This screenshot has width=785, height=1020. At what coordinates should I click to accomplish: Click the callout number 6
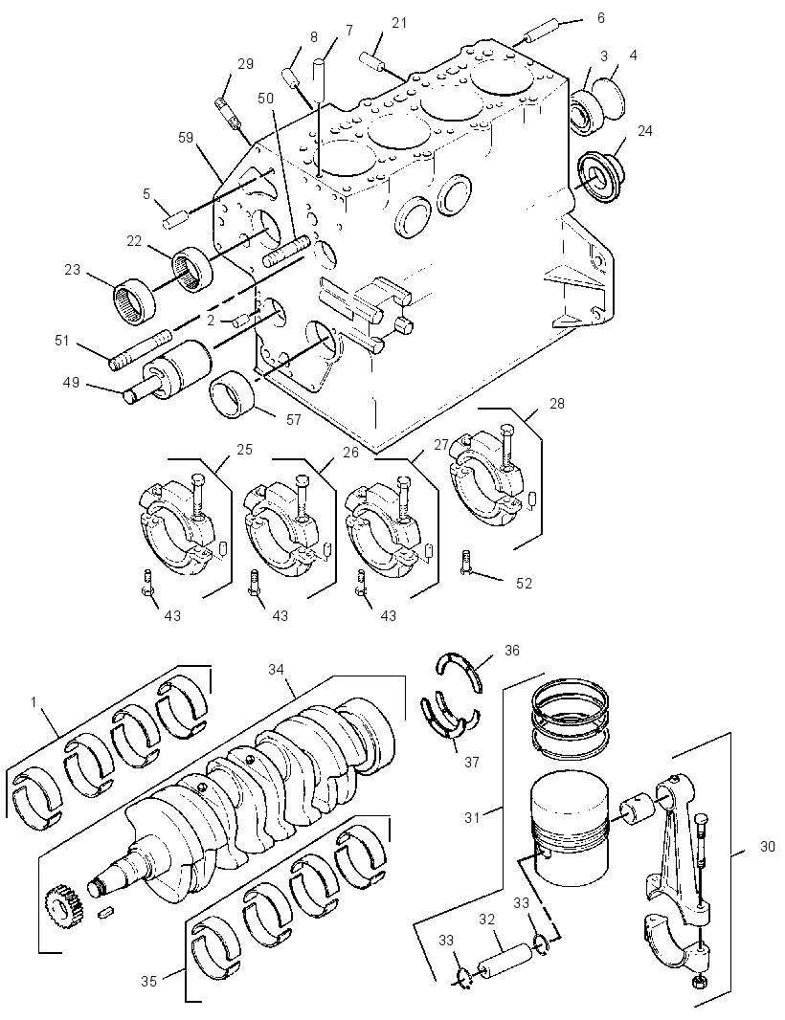coord(601,18)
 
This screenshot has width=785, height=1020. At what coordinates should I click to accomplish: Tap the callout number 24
coord(644,131)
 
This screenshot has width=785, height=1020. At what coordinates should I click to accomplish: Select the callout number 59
coord(186,137)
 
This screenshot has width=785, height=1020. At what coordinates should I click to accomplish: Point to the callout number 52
coord(524,584)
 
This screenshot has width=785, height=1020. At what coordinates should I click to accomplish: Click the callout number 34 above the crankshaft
coord(277,670)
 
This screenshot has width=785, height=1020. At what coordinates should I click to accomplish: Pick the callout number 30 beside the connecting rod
coord(768,846)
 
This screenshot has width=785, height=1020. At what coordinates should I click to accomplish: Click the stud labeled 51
coord(140,350)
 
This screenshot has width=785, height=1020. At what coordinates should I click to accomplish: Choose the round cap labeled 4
coord(610,97)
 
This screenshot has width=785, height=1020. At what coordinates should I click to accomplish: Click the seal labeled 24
coord(601,176)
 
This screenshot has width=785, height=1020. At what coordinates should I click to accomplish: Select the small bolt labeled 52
coord(464,562)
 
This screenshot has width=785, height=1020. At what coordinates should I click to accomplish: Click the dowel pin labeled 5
coord(175,218)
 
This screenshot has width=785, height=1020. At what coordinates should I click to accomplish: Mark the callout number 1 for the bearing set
coord(34,702)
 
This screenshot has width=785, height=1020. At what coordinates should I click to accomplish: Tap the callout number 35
coord(149,981)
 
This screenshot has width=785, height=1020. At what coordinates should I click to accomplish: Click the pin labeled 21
coord(373,58)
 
